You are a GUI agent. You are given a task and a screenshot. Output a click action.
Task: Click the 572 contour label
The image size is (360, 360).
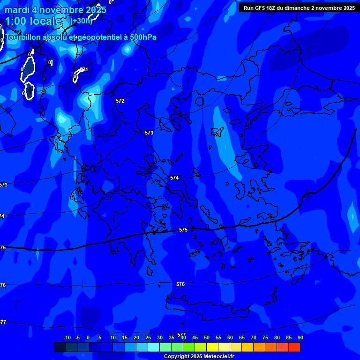pyautogui.click(x=120, y=101)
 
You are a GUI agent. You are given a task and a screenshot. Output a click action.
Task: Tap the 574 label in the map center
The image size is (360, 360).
pyautogui.click(x=174, y=178)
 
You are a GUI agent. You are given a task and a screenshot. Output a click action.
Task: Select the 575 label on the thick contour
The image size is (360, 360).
pyautogui.click(x=183, y=230)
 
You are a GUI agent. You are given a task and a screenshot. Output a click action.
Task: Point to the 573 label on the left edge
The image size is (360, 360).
pyautogui.click(x=3, y=185)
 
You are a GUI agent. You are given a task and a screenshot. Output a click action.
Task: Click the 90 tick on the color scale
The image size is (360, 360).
pyautogui.click(x=300, y=337)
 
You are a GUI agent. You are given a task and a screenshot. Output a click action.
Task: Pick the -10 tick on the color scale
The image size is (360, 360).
pyautogui.click(x=67, y=337)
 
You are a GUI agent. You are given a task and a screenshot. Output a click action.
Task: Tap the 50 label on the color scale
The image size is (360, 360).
pyautogui.click(x=207, y=337)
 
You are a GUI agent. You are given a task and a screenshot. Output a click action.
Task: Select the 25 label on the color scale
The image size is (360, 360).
pyautogui.click(x=148, y=337)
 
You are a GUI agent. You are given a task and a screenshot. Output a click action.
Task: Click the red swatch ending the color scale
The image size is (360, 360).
pyautogui.click(x=294, y=347)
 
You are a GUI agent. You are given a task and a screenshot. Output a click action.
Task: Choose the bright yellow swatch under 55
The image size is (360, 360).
pyautogui.click(x=212, y=347)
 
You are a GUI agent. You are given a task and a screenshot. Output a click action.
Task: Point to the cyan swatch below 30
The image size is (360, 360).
pyautogui.click(x=154, y=347)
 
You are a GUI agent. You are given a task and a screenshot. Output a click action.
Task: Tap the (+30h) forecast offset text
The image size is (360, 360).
pyautogui.click(x=81, y=21)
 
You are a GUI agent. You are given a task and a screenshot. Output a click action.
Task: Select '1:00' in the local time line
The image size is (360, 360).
pyautogui.click(x=15, y=21)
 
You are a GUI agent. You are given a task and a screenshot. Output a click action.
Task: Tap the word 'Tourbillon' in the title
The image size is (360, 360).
pyautogui.click(x=23, y=37)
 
